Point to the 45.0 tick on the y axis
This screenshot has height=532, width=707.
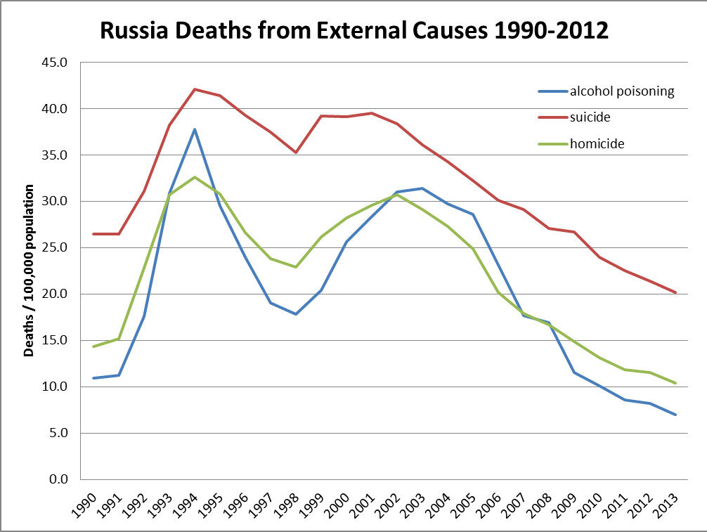[x=56, y=63]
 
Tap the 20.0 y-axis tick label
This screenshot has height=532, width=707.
[x=56, y=294]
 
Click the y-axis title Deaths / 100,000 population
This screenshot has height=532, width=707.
[x=30, y=271]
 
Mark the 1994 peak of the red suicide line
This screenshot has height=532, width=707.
[x=195, y=89]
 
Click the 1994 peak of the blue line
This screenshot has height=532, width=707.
[x=195, y=129]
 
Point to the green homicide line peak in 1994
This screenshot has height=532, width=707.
[x=195, y=177]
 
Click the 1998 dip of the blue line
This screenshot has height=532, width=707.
[x=296, y=313]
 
